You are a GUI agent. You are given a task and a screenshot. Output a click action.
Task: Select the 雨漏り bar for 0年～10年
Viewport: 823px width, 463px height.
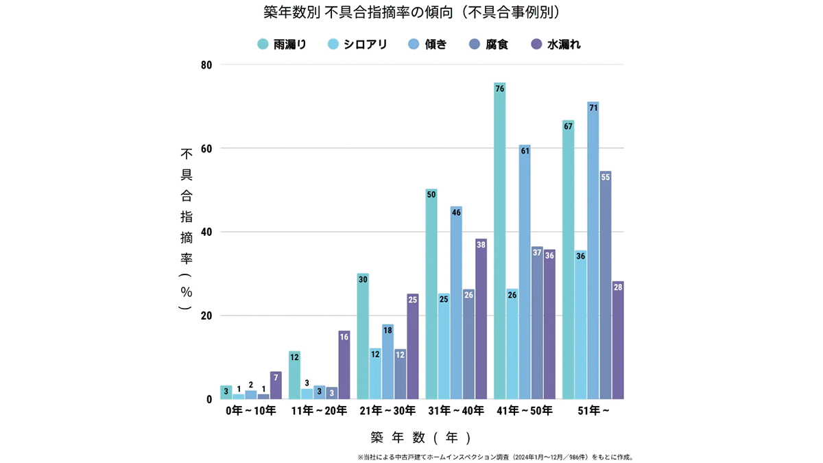(226, 392)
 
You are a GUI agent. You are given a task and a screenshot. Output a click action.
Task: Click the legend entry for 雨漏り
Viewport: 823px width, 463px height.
(281, 45)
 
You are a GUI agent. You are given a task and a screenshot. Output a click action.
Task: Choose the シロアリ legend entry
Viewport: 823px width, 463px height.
(357, 45)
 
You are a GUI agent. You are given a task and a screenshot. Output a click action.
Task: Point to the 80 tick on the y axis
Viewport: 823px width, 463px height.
(206, 65)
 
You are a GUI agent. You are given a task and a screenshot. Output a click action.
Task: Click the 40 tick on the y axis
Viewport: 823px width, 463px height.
(206, 233)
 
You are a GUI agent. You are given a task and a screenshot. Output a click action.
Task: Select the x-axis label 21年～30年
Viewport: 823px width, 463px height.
(387, 411)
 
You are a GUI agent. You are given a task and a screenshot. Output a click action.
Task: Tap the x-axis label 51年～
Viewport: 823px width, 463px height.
(593, 411)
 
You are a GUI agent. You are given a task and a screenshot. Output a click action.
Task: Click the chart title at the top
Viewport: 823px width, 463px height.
(411, 13)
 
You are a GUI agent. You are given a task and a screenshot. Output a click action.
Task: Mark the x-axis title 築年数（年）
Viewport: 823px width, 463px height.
(421, 437)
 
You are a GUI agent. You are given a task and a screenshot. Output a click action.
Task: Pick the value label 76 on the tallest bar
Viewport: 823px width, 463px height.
(499, 89)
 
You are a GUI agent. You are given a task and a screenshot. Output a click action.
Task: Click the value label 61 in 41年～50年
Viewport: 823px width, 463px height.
(525, 150)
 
